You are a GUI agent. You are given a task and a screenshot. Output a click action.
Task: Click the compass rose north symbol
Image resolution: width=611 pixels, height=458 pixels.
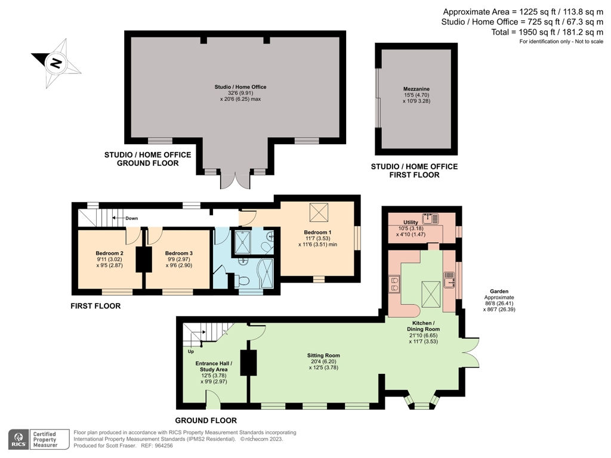tap(57, 63)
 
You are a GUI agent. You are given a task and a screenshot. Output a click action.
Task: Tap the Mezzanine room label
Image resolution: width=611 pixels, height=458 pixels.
tap(416, 89)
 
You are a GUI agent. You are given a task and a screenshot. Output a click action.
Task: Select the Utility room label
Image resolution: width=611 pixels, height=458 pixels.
tap(411, 222)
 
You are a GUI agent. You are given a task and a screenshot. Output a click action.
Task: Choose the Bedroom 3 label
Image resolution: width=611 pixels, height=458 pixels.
tap(179, 253)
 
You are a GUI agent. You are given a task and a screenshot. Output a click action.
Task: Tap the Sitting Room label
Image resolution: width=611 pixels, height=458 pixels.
tap(323, 355)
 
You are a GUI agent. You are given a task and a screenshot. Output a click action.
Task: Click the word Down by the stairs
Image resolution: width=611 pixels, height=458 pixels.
tap(132, 218)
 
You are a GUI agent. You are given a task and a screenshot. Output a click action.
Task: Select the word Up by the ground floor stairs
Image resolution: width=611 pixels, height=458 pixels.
tap(191, 351)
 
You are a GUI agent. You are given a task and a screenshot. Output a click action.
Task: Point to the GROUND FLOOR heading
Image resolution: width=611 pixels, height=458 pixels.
tap(206, 420)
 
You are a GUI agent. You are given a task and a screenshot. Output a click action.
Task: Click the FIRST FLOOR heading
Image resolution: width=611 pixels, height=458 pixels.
tap(95, 306)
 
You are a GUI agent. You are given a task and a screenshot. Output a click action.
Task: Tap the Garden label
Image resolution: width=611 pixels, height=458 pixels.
tap(499, 291)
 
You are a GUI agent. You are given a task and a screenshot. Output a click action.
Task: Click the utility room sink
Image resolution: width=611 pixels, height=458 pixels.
tap(431, 218)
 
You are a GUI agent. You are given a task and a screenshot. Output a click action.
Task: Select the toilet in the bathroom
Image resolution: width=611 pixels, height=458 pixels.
tap(243, 281)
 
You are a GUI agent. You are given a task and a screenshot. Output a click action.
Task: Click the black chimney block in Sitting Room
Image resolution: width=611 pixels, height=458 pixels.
tap(249, 363)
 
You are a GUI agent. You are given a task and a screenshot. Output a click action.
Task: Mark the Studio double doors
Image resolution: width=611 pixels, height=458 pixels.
tap(235, 181)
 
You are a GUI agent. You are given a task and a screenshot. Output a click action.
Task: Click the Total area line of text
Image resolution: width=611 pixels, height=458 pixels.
tap(547, 32)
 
